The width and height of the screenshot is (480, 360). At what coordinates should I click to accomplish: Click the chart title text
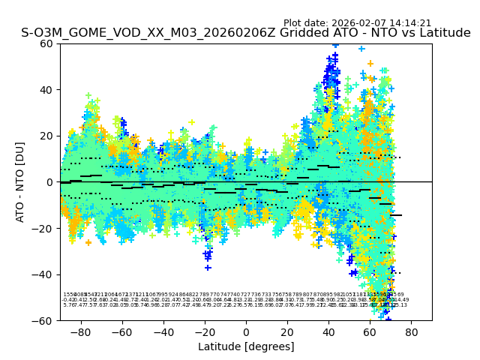pos(246,33)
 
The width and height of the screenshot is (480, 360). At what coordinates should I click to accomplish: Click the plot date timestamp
pos(357,23)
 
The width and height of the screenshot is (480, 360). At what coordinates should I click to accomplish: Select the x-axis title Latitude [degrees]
pos(246,346)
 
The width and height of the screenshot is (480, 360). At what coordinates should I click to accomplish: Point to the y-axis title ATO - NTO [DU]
pos(20,181)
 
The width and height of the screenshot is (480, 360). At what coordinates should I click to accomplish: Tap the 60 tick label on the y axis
pos(46,43)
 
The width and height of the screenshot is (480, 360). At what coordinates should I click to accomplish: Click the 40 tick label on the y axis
pos(46,90)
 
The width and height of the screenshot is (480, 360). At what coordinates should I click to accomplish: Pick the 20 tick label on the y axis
pos(46,136)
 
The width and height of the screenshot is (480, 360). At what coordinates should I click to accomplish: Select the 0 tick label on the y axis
pos(49,182)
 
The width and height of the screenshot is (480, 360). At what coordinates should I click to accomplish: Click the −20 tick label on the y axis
pos(43,228)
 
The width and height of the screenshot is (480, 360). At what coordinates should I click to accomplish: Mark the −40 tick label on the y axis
pos(43,274)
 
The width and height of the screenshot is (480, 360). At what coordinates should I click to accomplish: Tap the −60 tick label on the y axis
pos(43,320)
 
